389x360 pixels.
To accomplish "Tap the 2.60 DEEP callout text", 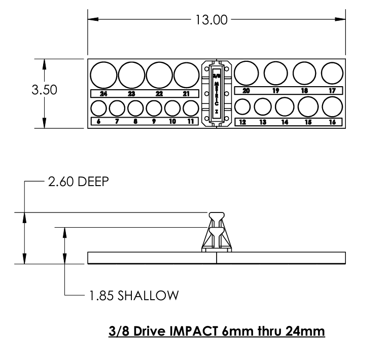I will click(x=78, y=182).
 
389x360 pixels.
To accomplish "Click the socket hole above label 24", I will click(x=103, y=75).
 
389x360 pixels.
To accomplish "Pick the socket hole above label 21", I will click(x=186, y=75).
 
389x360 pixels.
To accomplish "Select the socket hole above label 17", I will click(x=332, y=73).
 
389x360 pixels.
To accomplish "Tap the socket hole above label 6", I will click(x=98, y=108).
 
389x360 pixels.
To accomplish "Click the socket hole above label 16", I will click(x=332, y=106).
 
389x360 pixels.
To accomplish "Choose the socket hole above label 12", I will click(x=243, y=107).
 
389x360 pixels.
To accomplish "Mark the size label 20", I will click(x=246, y=91).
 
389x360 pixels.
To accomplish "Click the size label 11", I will click(x=190, y=122).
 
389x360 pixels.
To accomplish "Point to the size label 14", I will click(x=285, y=122).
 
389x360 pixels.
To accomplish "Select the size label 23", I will click(x=131, y=94).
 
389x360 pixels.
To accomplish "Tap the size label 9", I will click(x=154, y=122).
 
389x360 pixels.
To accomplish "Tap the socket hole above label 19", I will click(x=276, y=73).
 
